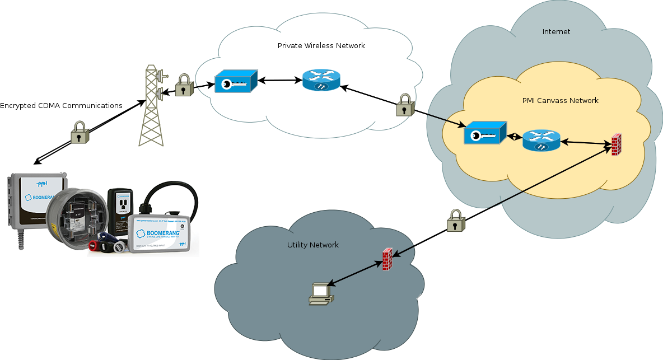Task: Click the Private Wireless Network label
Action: [x=321, y=45]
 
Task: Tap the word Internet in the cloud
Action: [x=556, y=32]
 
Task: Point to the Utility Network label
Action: [x=312, y=245]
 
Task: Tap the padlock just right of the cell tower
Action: [x=184, y=86]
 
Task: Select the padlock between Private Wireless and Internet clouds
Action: [x=405, y=105]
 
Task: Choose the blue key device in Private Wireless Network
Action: [x=235, y=82]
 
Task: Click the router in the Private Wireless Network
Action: [x=321, y=81]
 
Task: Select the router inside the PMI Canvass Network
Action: [x=541, y=141]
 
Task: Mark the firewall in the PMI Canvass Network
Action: [x=617, y=145]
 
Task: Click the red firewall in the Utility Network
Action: [x=387, y=259]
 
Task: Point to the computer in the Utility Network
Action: [x=321, y=293]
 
